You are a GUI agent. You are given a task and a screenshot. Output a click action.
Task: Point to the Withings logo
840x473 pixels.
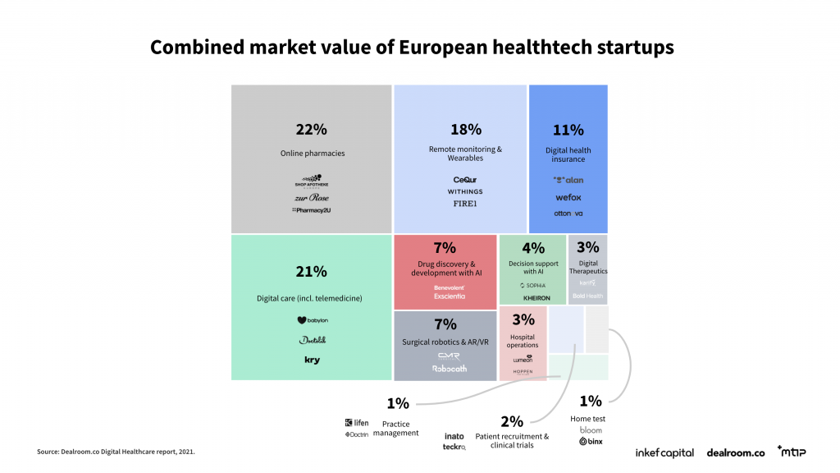tap(464, 191)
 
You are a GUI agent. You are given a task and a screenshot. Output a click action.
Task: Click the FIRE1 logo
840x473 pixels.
tap(464, 204)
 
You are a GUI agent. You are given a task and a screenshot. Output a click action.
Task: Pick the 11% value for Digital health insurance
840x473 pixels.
tap(568, 130)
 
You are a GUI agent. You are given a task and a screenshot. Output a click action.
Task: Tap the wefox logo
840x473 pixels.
tap(568, 197)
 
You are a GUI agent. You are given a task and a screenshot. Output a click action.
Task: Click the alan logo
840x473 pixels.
tap(568, 180)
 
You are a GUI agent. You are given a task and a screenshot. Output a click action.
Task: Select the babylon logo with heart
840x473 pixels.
tap(312, 320)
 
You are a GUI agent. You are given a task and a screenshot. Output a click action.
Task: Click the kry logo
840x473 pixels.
tap(312, 360)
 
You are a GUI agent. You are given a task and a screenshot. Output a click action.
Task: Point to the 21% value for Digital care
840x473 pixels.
tap(312, 272)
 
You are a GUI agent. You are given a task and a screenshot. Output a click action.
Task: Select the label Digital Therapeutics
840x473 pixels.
tap(588, 267)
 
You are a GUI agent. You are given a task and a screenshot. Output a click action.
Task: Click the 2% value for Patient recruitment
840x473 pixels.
tap(512, 421)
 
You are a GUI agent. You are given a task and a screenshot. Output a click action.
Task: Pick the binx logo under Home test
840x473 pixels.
tap(591, 441)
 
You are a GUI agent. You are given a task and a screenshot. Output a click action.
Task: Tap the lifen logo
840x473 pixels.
tap(357, 423)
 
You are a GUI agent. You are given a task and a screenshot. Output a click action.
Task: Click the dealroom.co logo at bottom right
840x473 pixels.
tap(735, 452)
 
